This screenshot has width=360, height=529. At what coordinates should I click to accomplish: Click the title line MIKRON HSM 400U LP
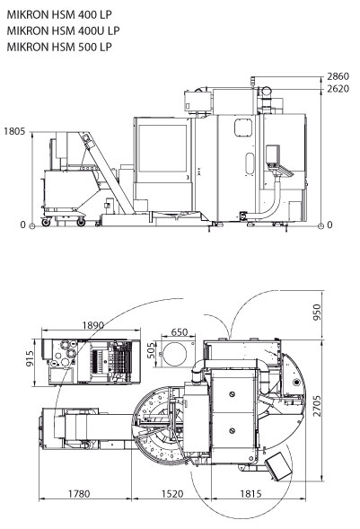tap(63, 31)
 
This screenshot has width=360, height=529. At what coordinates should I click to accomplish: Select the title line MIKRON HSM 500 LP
tap(59, 47)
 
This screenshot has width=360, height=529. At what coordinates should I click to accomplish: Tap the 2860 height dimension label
tap(338, 76)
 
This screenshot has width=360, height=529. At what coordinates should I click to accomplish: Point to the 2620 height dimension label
tap(338, 89)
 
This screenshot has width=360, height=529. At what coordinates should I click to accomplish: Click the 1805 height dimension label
tap(14, 131)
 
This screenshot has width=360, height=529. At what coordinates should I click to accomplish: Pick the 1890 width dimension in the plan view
tap(93, 325)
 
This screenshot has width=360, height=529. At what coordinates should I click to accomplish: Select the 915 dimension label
tap(30, 359)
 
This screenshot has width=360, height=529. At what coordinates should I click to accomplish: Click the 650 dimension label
tap(179, 332)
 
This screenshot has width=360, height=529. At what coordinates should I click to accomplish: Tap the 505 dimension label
tap(152, 350)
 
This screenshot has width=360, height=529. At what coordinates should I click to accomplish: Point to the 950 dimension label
tap(317, 313)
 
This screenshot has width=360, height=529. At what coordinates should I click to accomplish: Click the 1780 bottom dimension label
tap(79, 494)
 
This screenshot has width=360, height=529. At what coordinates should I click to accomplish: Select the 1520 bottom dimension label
tap(171, 494)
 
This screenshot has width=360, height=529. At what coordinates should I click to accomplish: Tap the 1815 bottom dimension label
tap(250, 494)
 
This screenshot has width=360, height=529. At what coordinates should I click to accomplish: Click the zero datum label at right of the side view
tap(329, 225)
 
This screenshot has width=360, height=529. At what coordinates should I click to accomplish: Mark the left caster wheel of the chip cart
tap(46, 222)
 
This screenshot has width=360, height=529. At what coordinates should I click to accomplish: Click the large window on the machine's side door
tap(162, 148)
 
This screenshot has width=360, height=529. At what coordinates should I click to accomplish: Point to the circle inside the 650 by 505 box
tap(174, 354)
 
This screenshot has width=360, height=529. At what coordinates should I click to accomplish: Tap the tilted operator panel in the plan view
tap(278, 467)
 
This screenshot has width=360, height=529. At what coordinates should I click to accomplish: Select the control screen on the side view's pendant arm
tap(273, 154)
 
